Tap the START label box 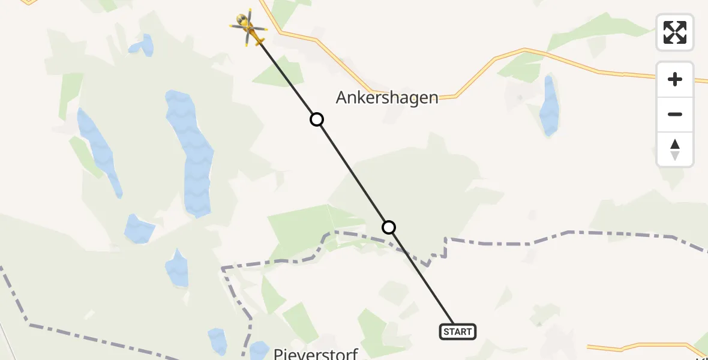458,331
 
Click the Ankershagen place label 387,98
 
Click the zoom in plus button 675,79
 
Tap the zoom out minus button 675,114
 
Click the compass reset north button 675,149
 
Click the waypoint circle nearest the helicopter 317,119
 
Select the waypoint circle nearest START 389,227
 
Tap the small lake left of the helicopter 142,45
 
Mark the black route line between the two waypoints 353,173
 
